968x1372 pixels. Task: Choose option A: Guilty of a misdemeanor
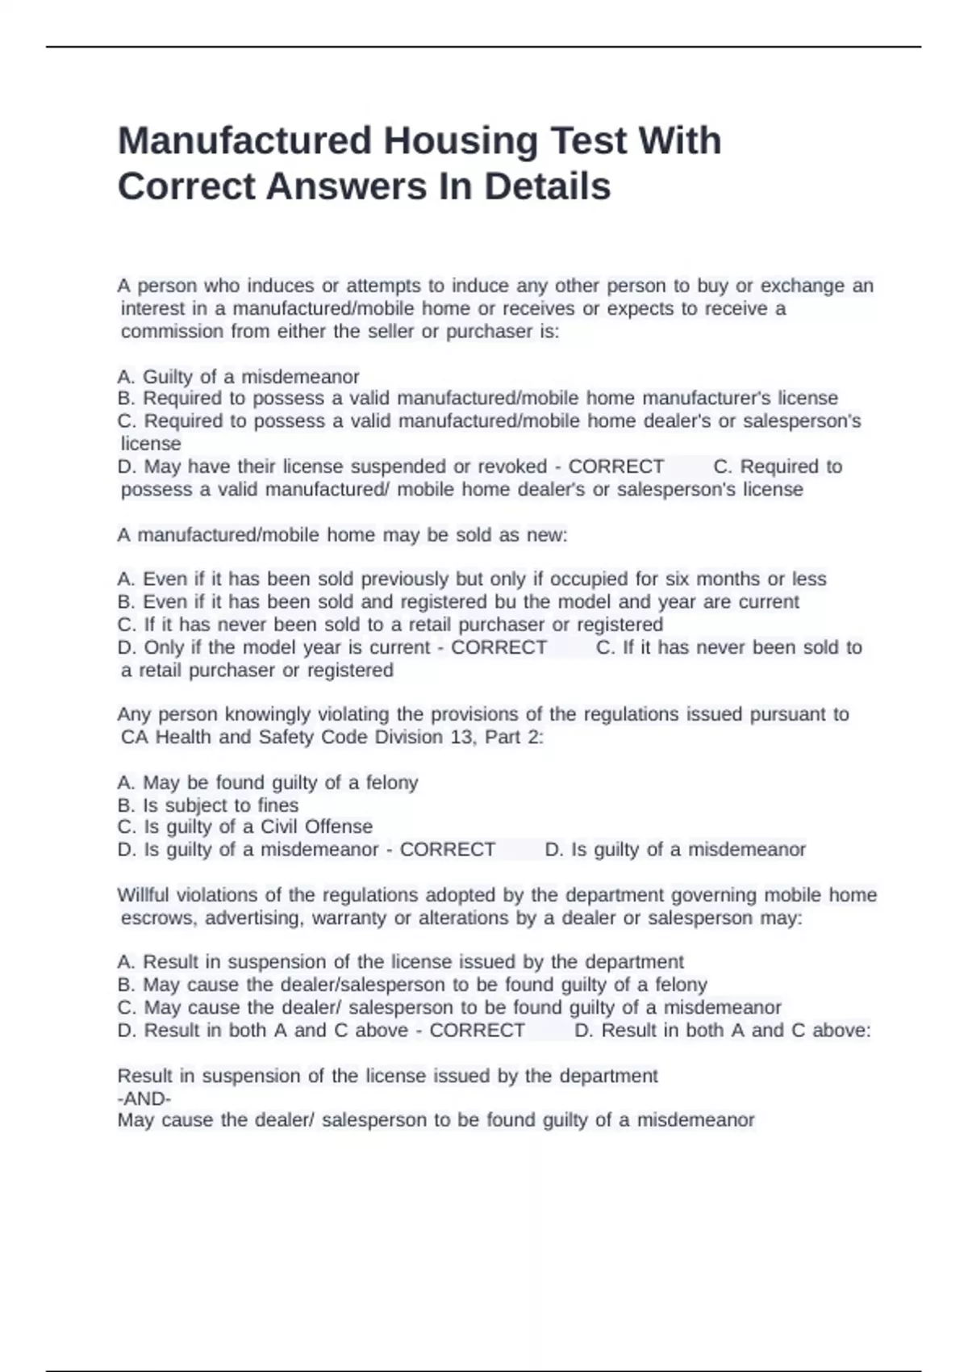pos(238,377)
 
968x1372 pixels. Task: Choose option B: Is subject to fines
pos(208,805)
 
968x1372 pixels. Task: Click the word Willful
pos(144,895)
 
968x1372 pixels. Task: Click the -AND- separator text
pos(144,1098)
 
